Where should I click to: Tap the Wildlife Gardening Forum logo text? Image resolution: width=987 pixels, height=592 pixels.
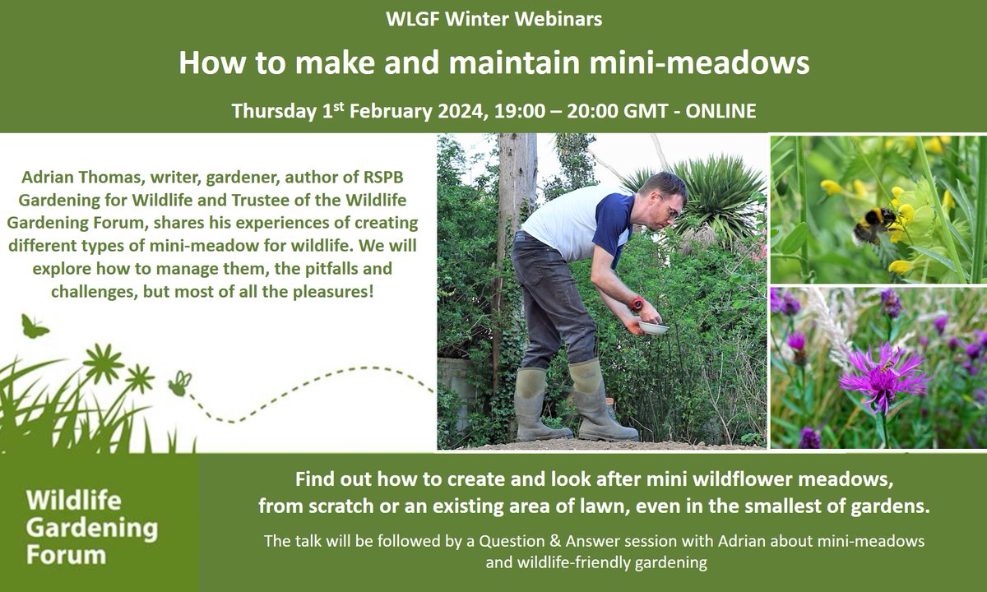click(90, 527)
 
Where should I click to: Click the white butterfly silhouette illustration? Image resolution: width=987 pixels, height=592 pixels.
click(35, 327)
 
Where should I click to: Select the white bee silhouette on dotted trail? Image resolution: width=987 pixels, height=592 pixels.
click(178, 383)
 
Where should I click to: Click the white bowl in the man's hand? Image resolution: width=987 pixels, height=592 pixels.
click(653, 327)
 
